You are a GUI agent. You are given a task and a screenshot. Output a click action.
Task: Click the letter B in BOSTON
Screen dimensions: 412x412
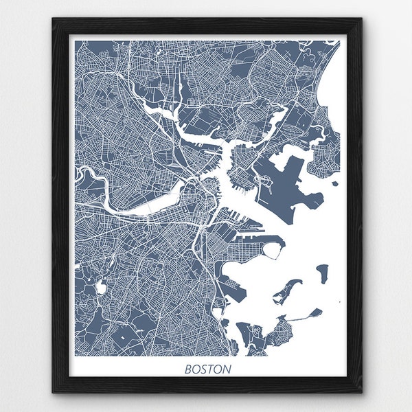[188, 369]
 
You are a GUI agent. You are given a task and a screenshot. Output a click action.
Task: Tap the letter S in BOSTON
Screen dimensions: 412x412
[204, 369]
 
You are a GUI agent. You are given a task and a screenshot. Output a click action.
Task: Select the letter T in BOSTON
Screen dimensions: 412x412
[211, 369]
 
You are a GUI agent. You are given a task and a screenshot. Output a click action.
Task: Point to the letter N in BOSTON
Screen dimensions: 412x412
[227, 369]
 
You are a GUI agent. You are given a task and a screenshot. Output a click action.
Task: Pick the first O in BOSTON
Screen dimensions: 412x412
[196, 369]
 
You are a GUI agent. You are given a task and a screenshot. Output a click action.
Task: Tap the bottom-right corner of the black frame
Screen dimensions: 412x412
[362, 393]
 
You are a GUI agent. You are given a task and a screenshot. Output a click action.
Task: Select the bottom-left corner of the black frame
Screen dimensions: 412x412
[53, 393]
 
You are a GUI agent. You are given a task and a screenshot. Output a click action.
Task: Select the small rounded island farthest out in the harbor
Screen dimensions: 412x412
[321, 273]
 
